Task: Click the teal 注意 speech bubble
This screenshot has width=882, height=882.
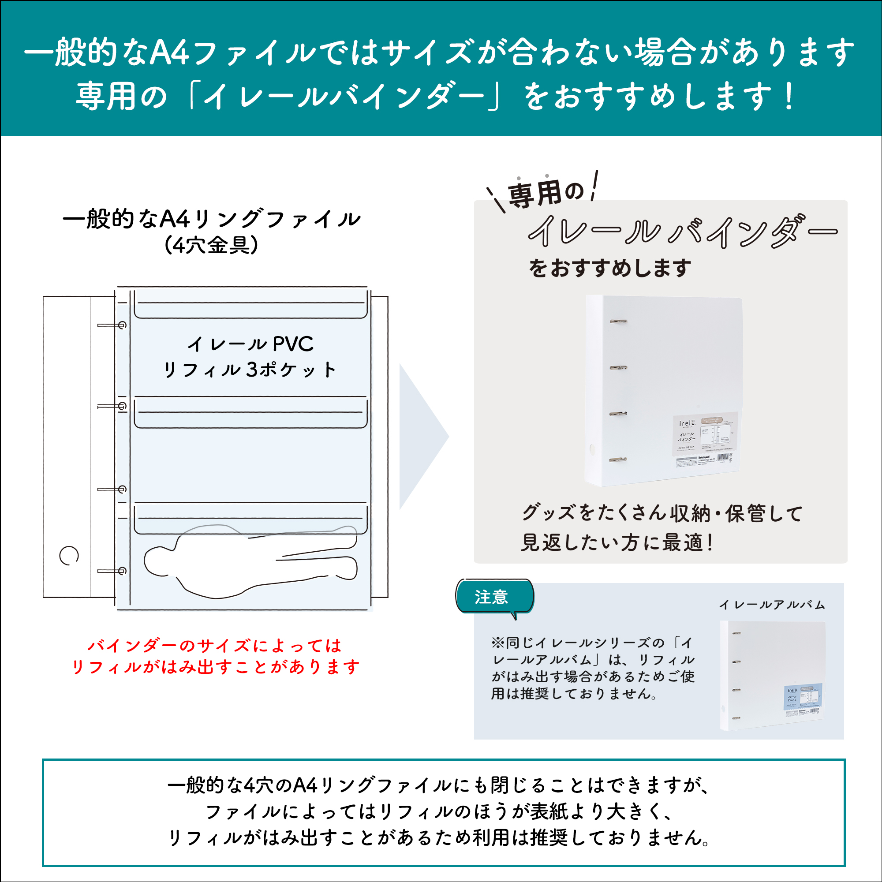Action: tap(494, 597)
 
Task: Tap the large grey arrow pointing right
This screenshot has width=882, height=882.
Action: tap(421, 437)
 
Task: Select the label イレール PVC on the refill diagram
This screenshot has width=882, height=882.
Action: tap(250, 344)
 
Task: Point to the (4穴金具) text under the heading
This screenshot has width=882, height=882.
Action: tap(211, 245)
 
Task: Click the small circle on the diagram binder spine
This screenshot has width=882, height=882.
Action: tap(69, 556)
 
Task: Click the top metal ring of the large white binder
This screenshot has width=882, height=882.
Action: tap(618, 322)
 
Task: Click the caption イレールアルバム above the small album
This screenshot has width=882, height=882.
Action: tap(772, 605)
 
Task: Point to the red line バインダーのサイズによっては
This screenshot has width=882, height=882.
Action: tap(215, 646)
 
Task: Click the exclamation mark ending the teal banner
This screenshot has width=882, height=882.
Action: tap(789, 97)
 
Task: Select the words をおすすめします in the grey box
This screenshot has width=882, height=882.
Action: tap(610, 268)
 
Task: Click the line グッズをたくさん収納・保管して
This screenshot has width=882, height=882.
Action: tap(662, 513)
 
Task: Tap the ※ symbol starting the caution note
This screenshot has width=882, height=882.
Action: tap(497, 643)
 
